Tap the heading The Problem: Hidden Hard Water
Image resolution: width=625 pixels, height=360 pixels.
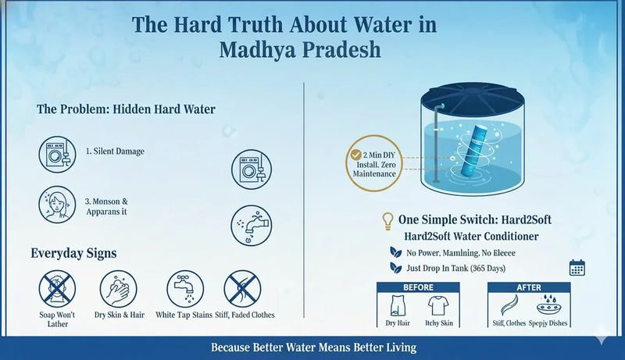[115, 109]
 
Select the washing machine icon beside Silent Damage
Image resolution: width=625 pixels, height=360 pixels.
[57, 152]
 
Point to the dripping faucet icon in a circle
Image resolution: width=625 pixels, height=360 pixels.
[251, 225]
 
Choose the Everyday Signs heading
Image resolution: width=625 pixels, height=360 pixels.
[74, 253]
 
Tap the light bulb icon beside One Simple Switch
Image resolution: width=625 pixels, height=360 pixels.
[386, 220]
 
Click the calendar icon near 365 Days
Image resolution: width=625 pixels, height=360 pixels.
[577, 266]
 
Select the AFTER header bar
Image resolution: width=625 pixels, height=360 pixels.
[529, 287]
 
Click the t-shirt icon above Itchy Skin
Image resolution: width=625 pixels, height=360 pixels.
[439, 305]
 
